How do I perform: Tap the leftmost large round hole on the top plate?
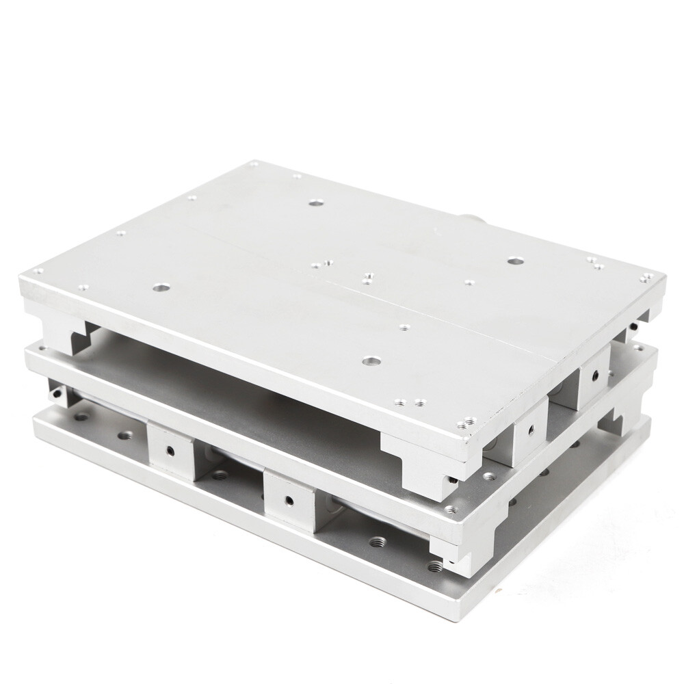click(161, 289)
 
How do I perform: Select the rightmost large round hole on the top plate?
click(514, 261)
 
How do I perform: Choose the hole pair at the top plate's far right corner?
click(646, 277)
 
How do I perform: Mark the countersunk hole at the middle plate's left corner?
click(43, 348)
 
